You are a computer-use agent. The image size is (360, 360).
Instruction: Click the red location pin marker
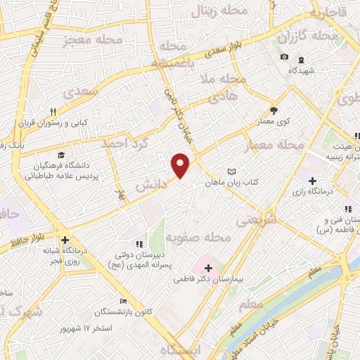point(181,164)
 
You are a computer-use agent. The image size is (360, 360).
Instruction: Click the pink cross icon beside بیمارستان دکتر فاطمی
point(208,268)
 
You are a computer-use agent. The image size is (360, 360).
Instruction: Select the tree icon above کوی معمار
point(274,110)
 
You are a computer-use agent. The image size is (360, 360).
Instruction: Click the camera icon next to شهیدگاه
point(284,57)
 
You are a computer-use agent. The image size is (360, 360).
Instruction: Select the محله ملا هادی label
point(223,86)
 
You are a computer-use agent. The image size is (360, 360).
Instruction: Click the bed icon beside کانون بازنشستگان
point(124,301)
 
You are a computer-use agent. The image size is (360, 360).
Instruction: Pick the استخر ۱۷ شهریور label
point(86,328)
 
